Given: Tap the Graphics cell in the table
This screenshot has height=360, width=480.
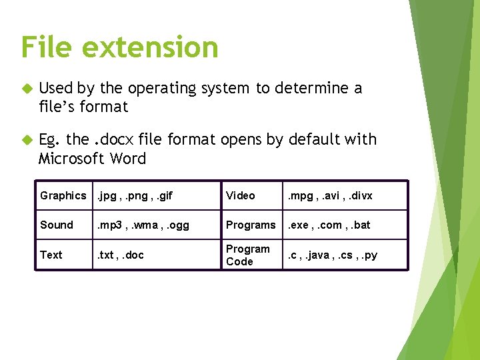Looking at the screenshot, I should click(x=63, y=195).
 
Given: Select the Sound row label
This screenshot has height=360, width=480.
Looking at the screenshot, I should click(x=57, y=225).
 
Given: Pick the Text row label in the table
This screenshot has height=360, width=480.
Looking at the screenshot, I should click(x=51, y=255).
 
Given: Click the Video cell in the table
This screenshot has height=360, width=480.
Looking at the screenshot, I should click(x=240, y=195).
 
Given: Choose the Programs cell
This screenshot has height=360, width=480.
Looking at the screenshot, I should click(x=251, y=225).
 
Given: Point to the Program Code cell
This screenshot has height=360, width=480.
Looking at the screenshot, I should click(x=248, y=255).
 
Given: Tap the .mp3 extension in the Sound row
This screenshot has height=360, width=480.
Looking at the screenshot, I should click(x=111, y=225).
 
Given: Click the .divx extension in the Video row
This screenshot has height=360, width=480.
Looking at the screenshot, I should click(x=358, y=195).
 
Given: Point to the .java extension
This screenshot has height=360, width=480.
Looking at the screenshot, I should click(x=319, y=255).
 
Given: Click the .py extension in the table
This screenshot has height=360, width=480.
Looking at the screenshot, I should click(x=369, y=255).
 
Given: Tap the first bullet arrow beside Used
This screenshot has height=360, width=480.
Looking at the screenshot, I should click(x=26, y=89).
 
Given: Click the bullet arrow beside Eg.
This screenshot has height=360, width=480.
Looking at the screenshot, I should click(x=26, y=140).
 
